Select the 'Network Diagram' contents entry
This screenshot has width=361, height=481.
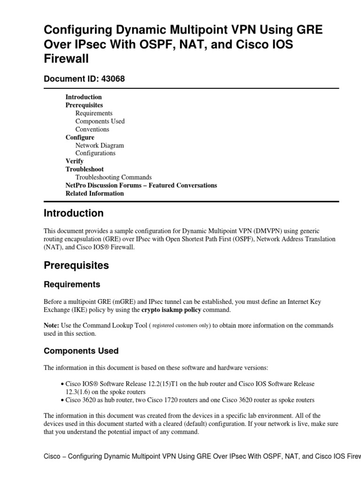(x=100, y=146)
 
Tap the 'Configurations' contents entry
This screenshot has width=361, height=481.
(x=95, y=153)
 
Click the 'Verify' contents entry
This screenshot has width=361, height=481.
(x=74, y=161)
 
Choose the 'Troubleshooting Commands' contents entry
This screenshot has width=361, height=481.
(x=113, y=177)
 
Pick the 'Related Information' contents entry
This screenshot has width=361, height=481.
(x=94, y=193)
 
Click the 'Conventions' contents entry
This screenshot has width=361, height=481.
(x=92, y=129)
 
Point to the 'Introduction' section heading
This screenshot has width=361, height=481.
(x=73, y=213)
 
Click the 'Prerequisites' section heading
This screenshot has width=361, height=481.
(x=76, y=265)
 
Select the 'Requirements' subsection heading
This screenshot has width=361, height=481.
(x=71, y=284)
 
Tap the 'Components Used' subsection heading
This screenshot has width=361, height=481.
(x=81, y=351)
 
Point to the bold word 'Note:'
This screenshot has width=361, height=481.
(x=51, y=325)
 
